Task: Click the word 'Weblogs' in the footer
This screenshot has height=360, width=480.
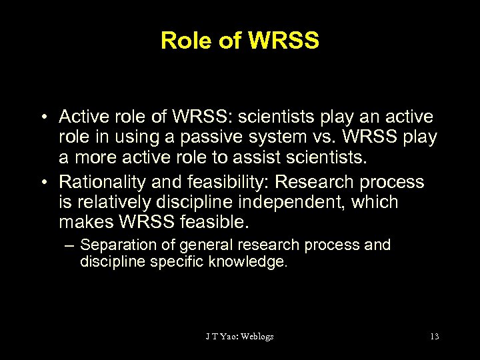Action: click(255, 336)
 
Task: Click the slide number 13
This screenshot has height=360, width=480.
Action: click(435, 336)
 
